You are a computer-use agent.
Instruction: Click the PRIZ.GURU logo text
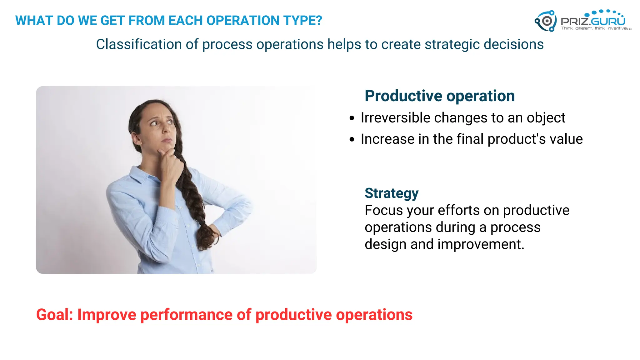[593, 21]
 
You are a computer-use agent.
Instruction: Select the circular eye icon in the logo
[547, 21]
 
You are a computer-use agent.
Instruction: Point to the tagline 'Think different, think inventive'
[596, 28]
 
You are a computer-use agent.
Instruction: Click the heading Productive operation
[439, 96]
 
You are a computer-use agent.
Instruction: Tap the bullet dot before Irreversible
[352, 118]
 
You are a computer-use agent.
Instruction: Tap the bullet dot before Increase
[352, 139]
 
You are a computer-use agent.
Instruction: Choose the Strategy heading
[391, 193]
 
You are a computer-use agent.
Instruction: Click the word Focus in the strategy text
[383, 210]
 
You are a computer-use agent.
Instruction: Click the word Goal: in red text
[54, 315]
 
